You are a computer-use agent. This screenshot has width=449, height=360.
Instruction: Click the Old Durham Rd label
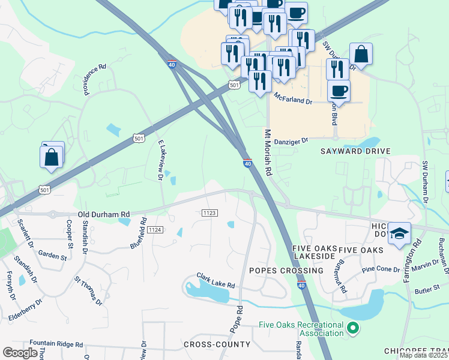104,214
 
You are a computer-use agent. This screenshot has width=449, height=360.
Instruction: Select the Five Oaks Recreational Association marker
353,328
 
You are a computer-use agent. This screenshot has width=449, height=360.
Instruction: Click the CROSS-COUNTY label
217,344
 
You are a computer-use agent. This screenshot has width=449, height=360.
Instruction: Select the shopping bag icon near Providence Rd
52,158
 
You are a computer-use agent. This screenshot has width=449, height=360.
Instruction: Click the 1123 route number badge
209,213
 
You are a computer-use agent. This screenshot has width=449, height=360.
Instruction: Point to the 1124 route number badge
155,230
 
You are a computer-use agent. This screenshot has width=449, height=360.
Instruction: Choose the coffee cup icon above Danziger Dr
339,91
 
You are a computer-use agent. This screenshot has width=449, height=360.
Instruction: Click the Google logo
20,353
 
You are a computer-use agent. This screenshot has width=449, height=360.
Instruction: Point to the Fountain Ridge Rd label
56,345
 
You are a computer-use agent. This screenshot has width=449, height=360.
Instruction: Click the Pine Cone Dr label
381,269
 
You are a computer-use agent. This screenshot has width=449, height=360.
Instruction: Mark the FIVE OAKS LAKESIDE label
313,253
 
